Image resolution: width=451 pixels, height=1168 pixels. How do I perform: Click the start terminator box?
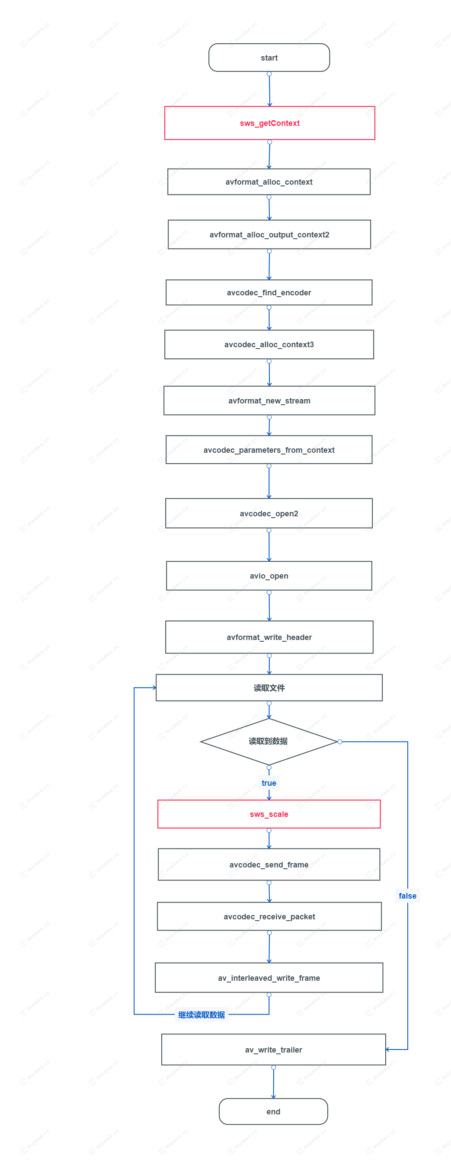pyautogui.click(x=269, y=58)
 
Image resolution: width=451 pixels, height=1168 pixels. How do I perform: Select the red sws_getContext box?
pyautogui.click(x=269, y=123)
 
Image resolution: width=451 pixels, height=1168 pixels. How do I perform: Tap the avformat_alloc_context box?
pyautogui.click(x=269, y=182)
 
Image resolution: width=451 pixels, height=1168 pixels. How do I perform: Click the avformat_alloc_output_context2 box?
pyautogui.click(x=269, y=234)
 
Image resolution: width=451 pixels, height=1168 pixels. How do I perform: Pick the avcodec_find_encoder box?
pyautogui.click(x=269, y=292)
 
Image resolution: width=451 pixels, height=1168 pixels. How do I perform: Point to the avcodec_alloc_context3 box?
pyautogui.click(x=269, y=345)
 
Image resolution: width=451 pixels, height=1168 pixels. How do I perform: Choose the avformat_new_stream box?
pyautogui.click(x=269, y=401)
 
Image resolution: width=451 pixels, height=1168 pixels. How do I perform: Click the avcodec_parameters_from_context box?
pyautogui.click(x=269, y=450)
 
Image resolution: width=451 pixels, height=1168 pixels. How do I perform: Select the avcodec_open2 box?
pyautogui.click(x=269, y=513)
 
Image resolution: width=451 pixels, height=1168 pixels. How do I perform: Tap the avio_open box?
pyautogui.click(x=269, y=576)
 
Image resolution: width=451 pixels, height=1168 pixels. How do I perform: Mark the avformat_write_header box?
pyautogui.click(x=269, y=637)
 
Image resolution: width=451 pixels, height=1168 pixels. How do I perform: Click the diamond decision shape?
pyautogui.click(x=269, y=741)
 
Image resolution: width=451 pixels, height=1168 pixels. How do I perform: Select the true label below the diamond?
pyautogui.click(x=269, y=783)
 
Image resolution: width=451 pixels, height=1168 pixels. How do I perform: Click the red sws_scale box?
pyautogui.click(x=269, y=814)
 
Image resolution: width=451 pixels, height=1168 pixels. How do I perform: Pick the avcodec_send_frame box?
pyautogui.click(x=269, y=865)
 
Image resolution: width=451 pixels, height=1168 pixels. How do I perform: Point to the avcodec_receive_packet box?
pyautogui.click(x=269, y=916)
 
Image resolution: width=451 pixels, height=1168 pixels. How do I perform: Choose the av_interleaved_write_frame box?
pyautogui.click(x=269, y=978)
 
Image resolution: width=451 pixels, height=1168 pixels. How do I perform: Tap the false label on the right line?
pyautogui.click(x=407, y=896)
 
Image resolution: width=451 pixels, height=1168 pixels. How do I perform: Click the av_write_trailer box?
pyautogui.click(x=273, y=1050)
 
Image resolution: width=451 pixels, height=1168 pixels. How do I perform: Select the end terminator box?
pyautogui.click(x=273, y=1111)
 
